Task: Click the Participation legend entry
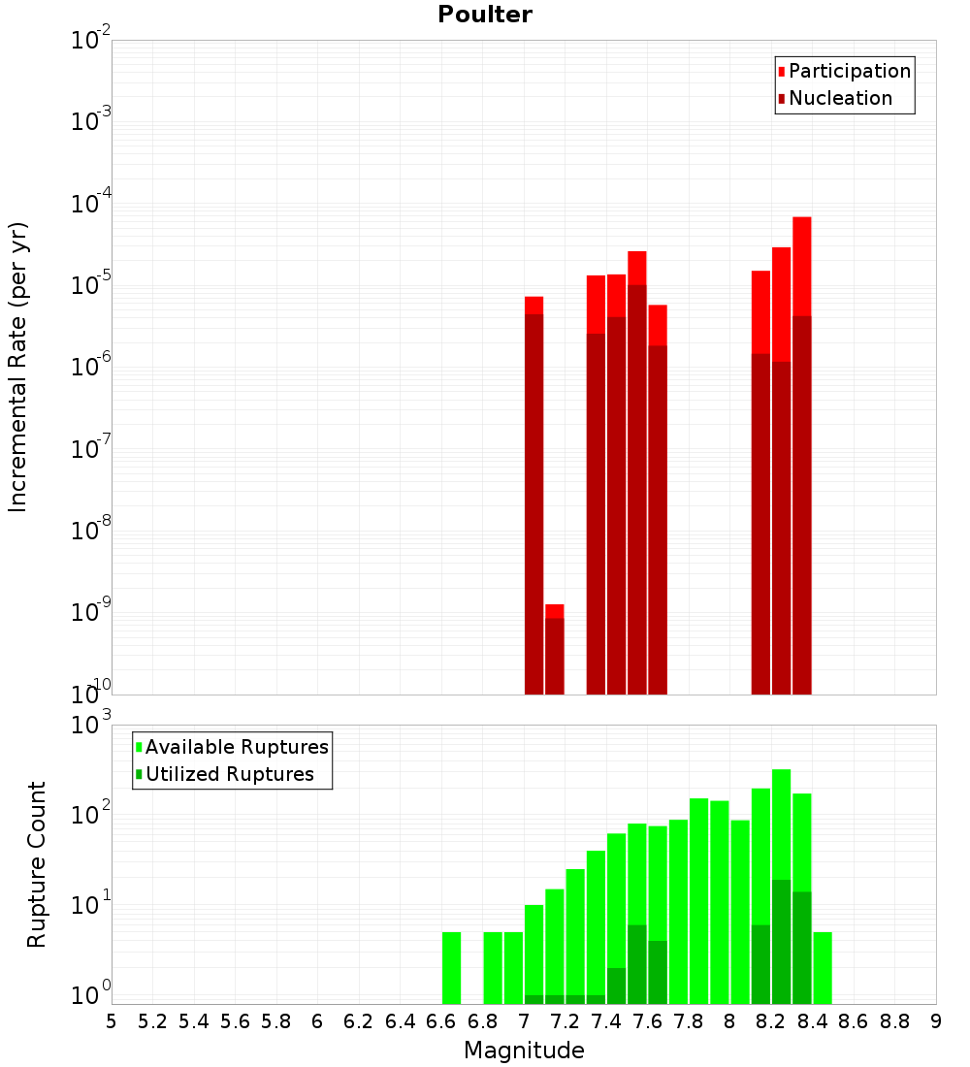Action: click(850, 71)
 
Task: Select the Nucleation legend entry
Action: click(840, 98)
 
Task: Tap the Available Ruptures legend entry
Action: click(237, 747)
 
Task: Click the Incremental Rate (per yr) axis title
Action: click(18, 368)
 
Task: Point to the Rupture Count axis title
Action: click(37, 864)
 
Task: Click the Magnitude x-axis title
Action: click(524, 1050)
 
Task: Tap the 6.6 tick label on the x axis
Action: click(441, 1020)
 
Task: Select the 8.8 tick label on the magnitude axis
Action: click(894, 1020)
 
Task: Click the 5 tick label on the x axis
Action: click(112, 1020)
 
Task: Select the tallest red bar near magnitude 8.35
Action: click(801, 456)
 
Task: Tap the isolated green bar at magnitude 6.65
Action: click(451, 968)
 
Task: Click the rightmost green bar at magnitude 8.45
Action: click(823, 968)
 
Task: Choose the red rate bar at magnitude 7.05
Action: click(533, 495)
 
